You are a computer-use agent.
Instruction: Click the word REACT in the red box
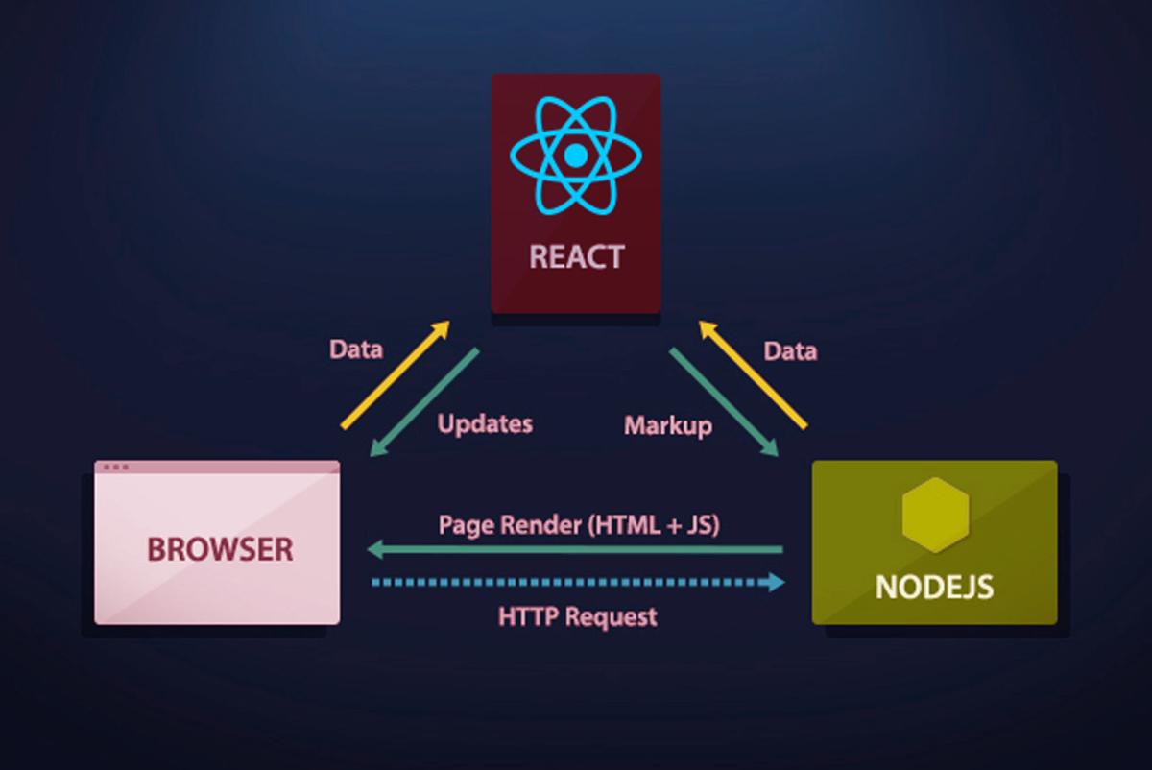pos(576,257)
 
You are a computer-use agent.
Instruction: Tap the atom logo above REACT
pos(575,156)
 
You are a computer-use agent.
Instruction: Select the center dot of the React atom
pos(575,156)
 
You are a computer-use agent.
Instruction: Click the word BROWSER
pos(219,549)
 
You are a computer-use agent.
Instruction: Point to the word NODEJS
pos(934,586)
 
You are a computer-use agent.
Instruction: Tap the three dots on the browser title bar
pos(115,468)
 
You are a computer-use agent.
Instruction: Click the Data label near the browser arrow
pos(356,349)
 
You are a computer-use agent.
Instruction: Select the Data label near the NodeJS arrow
pos(790,351)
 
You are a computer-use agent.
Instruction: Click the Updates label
pos(485,423)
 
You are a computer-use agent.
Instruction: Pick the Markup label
pos(668,424)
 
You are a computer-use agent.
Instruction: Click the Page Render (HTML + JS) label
pos(579,525)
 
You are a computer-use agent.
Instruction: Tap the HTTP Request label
pos(578,615)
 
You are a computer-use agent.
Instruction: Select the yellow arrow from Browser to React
pos(396,374)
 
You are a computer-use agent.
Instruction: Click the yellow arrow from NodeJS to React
pos(753,374)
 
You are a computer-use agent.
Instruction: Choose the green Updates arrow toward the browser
pos(423,402)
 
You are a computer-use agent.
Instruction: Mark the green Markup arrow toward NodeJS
pos(723,402)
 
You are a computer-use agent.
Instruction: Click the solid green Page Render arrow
pos(576,550)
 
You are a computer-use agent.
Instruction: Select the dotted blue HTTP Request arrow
pos(576,582)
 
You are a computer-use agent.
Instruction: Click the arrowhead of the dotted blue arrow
pos(777,582)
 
